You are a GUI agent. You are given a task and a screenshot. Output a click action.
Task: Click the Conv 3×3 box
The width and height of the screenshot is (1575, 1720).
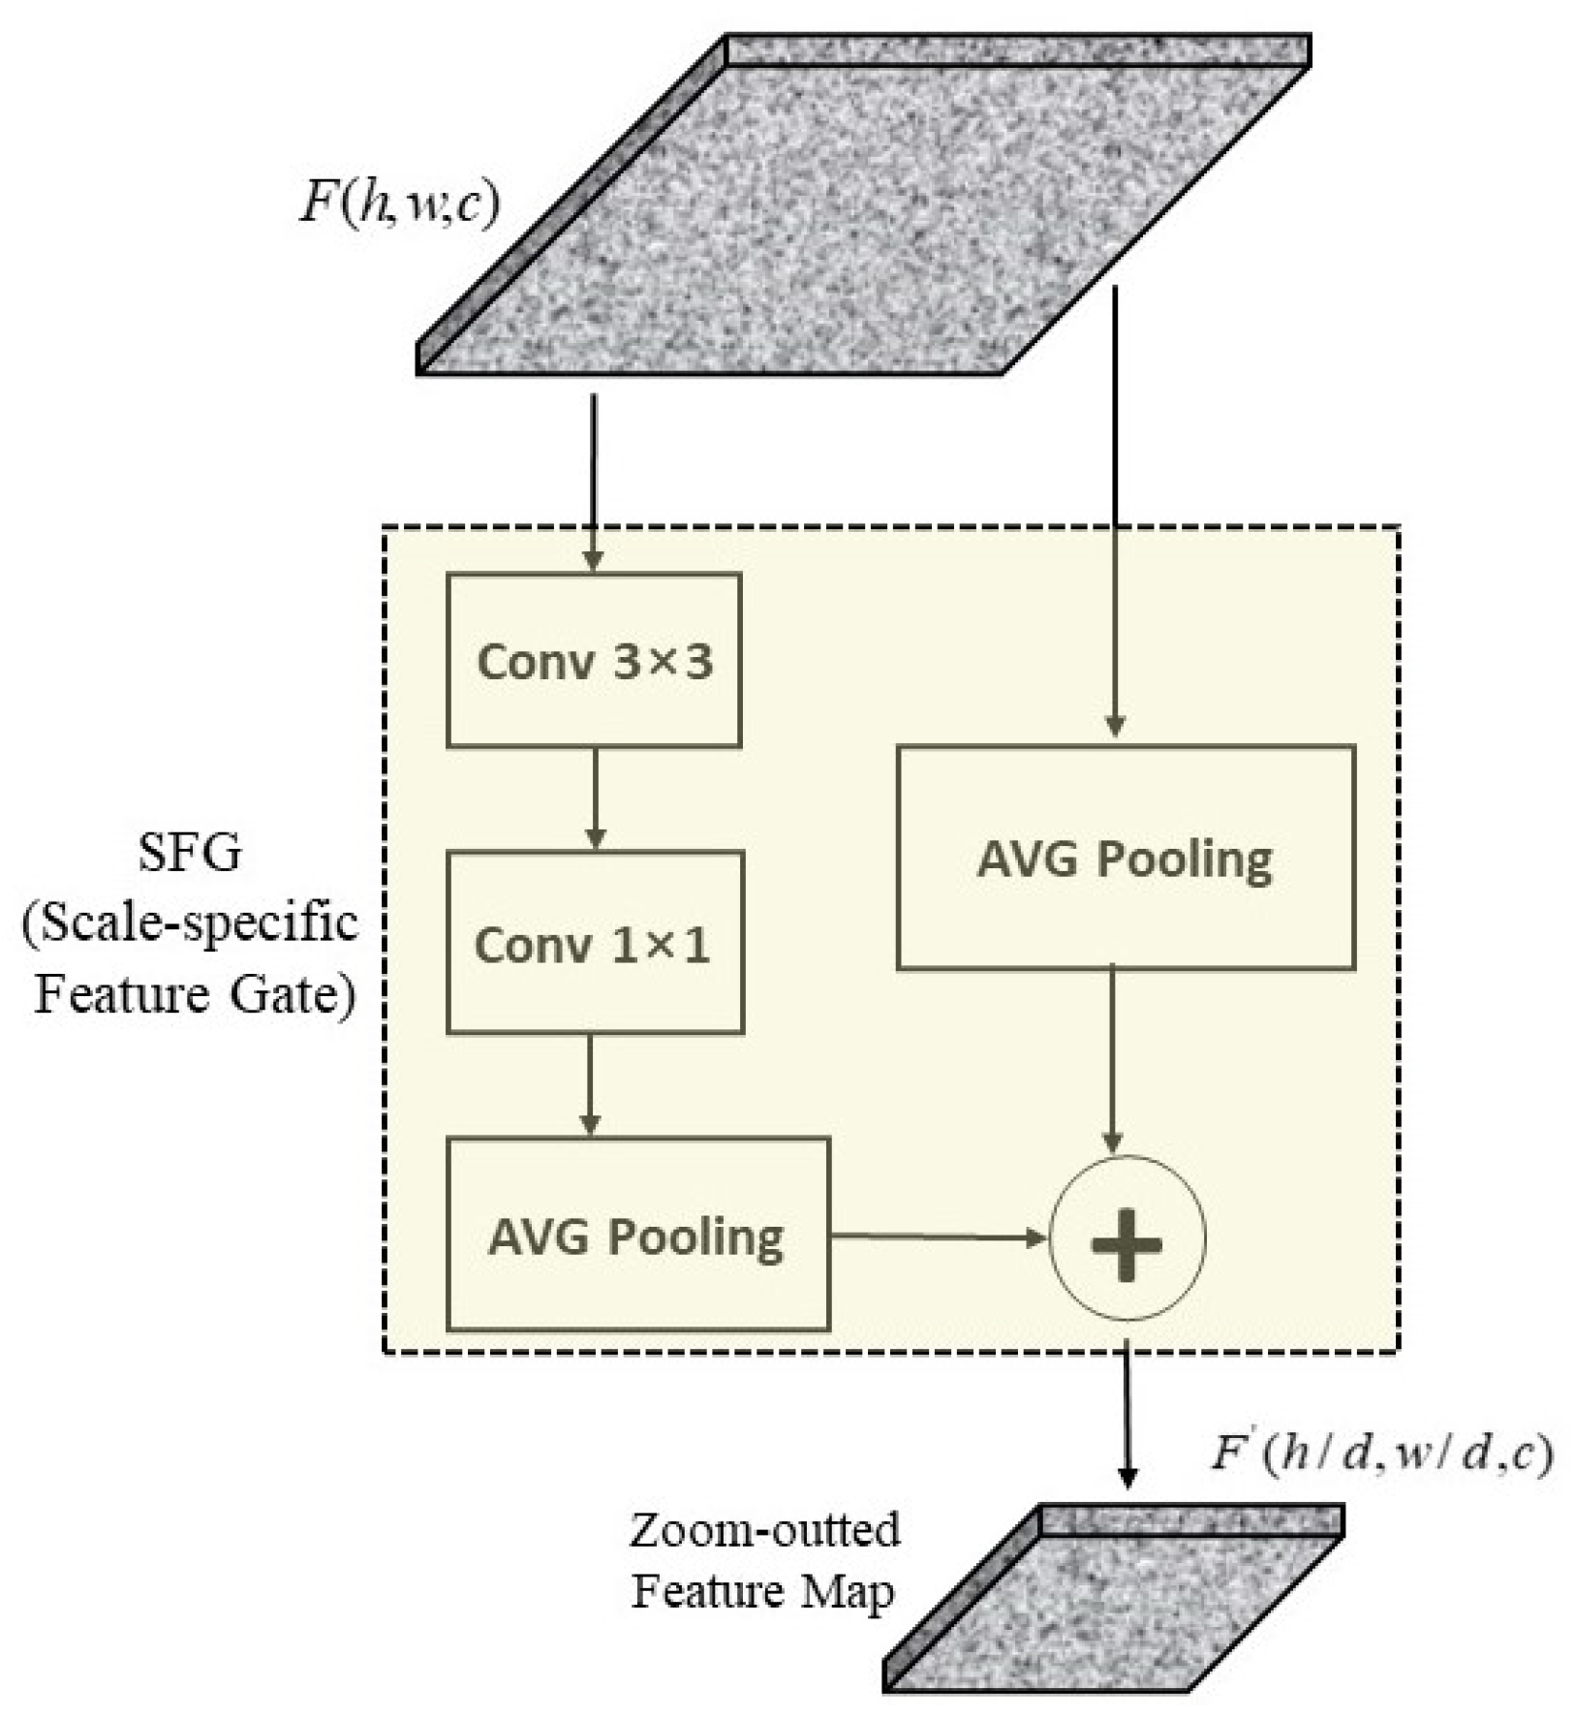pos(594,661)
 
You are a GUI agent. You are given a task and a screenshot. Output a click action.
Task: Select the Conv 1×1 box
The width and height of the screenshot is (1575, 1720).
pos(594,943)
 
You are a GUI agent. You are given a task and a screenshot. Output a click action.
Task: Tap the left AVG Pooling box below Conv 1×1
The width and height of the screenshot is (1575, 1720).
pos(637,1235)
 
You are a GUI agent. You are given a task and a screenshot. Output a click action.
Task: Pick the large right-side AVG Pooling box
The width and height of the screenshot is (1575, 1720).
pos(1125,858)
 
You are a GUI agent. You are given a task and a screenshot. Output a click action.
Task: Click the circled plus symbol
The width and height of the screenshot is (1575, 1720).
pos(1127,1237)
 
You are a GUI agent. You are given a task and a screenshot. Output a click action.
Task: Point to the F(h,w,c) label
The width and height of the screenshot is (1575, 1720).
pos(399,204)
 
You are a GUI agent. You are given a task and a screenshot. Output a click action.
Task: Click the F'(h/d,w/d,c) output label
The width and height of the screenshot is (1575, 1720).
pos(1380,1454)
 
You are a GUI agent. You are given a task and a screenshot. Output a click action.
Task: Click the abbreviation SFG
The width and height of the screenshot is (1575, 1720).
pos(190,854)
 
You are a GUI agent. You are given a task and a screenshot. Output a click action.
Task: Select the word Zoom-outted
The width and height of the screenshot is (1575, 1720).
pos(765,1530)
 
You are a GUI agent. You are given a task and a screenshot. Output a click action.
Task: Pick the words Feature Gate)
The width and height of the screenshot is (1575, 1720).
pos(195,995)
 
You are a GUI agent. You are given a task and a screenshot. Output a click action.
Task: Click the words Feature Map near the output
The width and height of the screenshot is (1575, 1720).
pos(762,1591)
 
